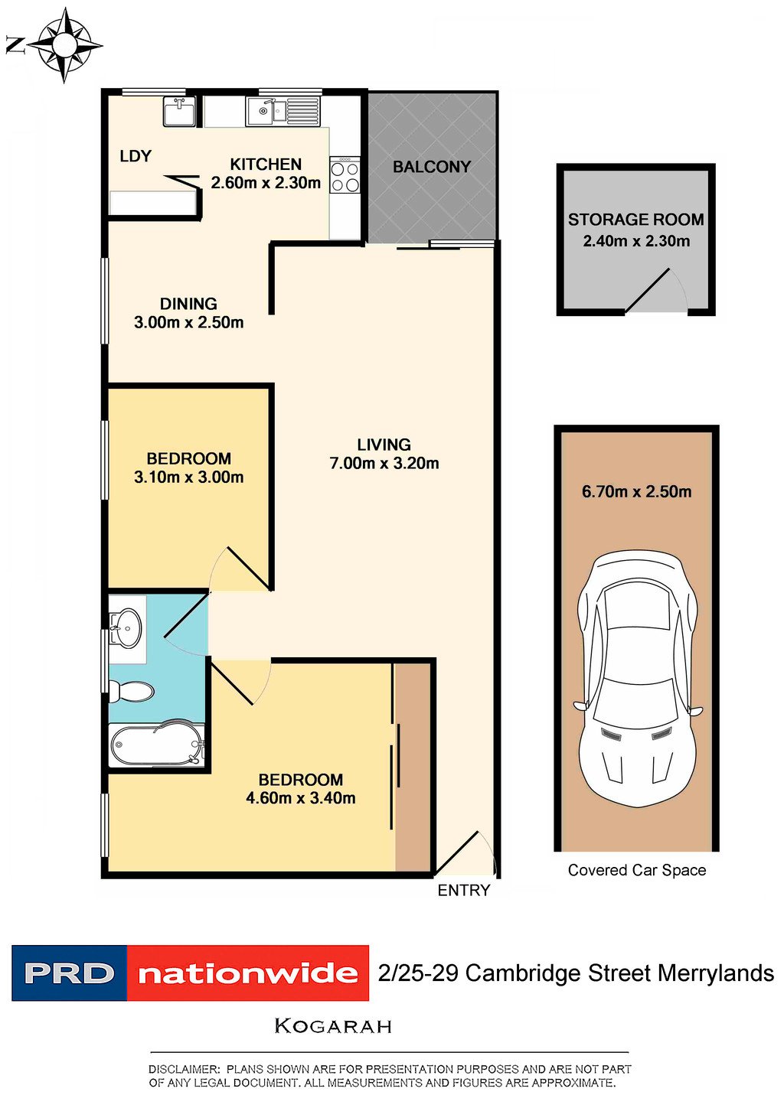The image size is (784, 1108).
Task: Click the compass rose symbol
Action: (64, 45)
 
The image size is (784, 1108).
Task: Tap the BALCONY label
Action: (432, 167)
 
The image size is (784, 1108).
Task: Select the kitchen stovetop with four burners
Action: (345, 175)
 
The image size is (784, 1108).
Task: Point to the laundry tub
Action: (179, 111)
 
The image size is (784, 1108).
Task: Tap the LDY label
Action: (136, 156)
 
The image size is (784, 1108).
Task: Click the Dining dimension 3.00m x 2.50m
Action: (188, 322)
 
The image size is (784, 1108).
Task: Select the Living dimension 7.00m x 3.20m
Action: (384, 464)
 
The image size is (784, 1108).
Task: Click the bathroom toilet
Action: (131, 690)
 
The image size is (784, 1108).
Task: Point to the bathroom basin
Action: (126, 628)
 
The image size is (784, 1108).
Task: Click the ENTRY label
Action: (464, 891)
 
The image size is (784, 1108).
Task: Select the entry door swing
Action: (466, 853)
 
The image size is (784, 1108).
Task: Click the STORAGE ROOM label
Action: (636, 220)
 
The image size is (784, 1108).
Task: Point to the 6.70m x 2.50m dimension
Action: (636, 492)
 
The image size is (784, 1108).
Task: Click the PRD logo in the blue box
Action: (70, 973)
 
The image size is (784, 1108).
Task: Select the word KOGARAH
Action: (333, 1026)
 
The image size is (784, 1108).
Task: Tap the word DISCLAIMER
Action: (184, 1070)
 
